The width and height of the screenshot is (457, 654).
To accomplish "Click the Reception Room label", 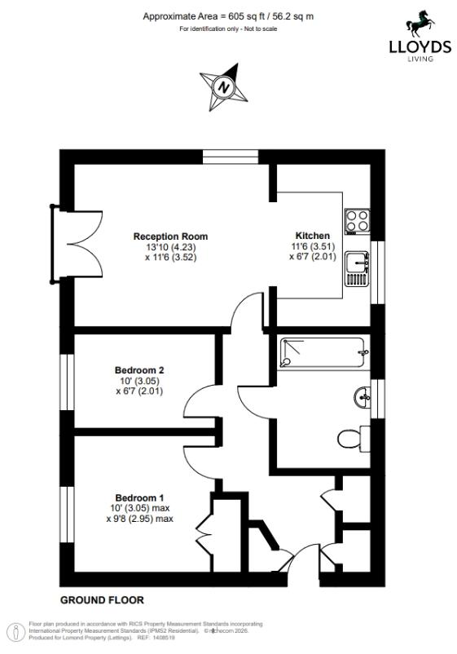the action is pos(170,236).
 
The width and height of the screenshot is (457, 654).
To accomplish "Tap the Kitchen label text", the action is pos(313,236).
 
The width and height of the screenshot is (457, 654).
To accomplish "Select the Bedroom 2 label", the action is pos(139,370).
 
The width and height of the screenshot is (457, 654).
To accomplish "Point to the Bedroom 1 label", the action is pos(139,498).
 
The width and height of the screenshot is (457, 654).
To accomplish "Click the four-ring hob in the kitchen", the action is pos(358,221).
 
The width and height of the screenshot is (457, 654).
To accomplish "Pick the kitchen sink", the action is pos(358,268).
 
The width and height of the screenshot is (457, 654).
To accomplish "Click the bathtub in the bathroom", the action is pos(323,353).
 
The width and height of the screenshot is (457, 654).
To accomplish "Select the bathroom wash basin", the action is pos(362,397).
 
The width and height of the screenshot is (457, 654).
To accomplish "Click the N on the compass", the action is pos(224,87).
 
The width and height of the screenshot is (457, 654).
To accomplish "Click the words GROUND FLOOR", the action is pos(102,600).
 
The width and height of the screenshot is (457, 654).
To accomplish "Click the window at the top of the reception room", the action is pos(231,157).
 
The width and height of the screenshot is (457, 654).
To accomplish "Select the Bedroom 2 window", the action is pos(67,382).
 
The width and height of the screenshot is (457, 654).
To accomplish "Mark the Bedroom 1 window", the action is pos(67,515).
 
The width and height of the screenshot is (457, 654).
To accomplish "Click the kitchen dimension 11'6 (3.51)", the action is pos(313,246).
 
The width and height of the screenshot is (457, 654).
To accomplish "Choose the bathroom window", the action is pos(378,398).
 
